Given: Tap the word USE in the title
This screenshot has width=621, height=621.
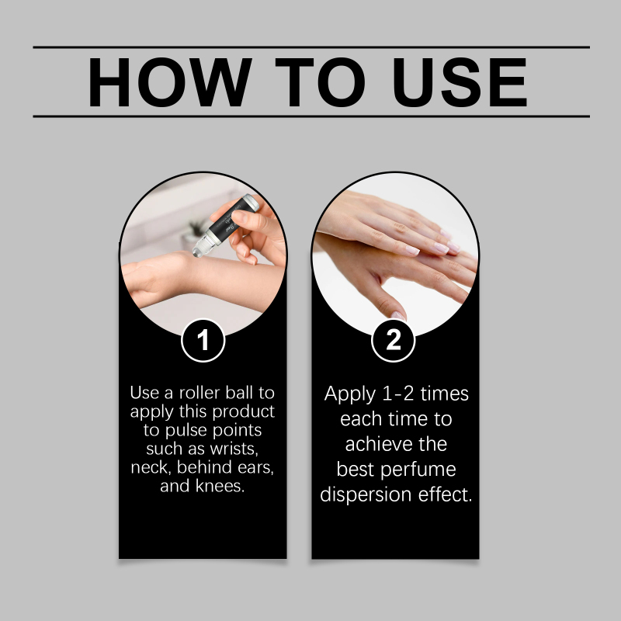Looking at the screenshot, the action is click(x=460, y=82).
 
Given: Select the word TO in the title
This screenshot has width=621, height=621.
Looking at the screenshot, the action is click(x=320, y=82).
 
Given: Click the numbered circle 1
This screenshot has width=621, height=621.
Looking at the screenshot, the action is click(x=203, y=340).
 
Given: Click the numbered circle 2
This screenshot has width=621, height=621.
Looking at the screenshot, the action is click(x=394, y=340).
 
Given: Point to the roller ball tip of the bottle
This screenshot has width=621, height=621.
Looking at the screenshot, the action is click(x=198, y=251).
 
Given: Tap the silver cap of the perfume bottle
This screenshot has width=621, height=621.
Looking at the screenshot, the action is click(x=250, y=203).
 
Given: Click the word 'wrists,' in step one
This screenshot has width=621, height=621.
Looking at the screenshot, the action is click(x=234, y=449).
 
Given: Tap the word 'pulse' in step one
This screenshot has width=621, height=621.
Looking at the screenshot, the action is click(x=186, y=431).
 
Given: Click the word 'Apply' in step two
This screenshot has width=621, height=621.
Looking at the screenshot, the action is click(x=350, y=394).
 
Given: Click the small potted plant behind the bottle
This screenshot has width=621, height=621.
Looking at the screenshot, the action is click(x=193, y=234).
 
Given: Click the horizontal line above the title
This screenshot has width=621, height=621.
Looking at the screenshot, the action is click(x=311, y=47).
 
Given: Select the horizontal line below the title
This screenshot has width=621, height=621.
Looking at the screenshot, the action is click(x=311, y=116).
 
